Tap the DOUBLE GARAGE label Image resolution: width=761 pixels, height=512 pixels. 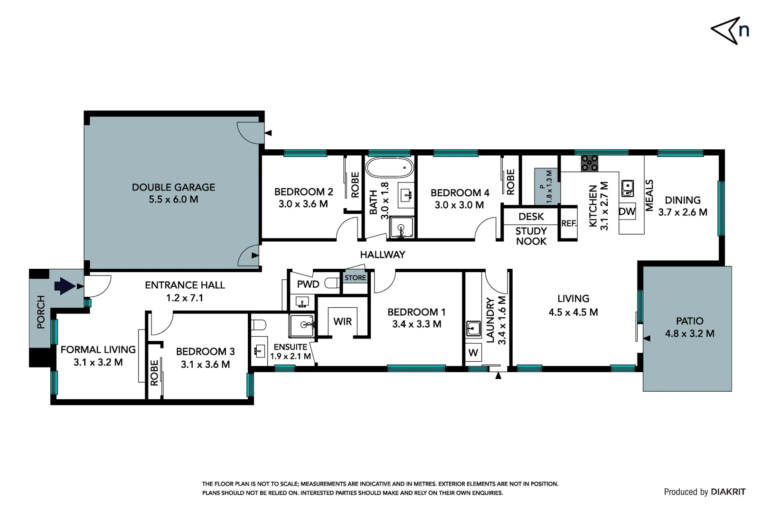click(x=173, y=187)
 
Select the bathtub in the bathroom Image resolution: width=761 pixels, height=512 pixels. click(x=389, y=167)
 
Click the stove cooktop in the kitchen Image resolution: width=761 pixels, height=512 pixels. click(x=590, y=163)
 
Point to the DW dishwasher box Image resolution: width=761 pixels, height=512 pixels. click(x=627, y=211)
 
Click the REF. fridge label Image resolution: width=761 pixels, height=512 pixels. click(x=569, y=223)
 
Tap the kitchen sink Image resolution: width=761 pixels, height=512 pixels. click(x=628, y=188)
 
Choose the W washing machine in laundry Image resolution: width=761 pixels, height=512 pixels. click(x=473, y=353)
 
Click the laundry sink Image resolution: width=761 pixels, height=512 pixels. click(x=473, y=328)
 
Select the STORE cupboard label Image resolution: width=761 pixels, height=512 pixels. click(x=355, y=278)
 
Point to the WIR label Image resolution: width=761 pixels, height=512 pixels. click(x=342, y=321)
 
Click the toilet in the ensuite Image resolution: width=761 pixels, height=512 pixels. click(x=259, y=325)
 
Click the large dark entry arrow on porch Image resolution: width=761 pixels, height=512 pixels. click(x=65, y=286)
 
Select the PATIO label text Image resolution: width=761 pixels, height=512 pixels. click(x=690, y=321)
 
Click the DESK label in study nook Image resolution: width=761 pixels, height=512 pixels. click(x=531, y=217)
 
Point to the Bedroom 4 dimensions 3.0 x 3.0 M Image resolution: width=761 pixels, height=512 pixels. click(x=460, y=205)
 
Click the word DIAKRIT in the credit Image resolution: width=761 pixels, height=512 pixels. click(x=728, y=492)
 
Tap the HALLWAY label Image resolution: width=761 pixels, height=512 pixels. click(x=383, y=255)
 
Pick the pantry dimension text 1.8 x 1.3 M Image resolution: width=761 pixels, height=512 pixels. click(x=549, y=187)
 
